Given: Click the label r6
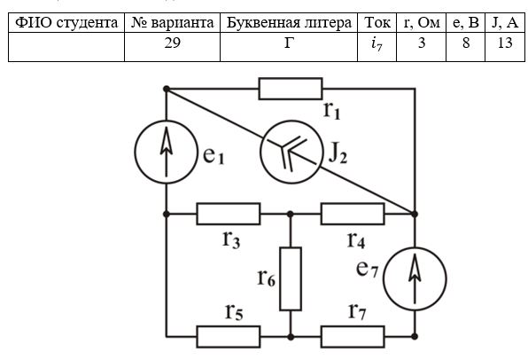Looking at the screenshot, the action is point(267,278).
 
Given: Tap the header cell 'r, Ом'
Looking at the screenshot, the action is point(422,22).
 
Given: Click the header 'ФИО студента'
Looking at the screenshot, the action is point(66,22).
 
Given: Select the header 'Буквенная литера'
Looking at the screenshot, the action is point(289,22).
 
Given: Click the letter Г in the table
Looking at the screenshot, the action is point(289,43).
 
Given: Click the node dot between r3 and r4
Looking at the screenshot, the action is point(291,214).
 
